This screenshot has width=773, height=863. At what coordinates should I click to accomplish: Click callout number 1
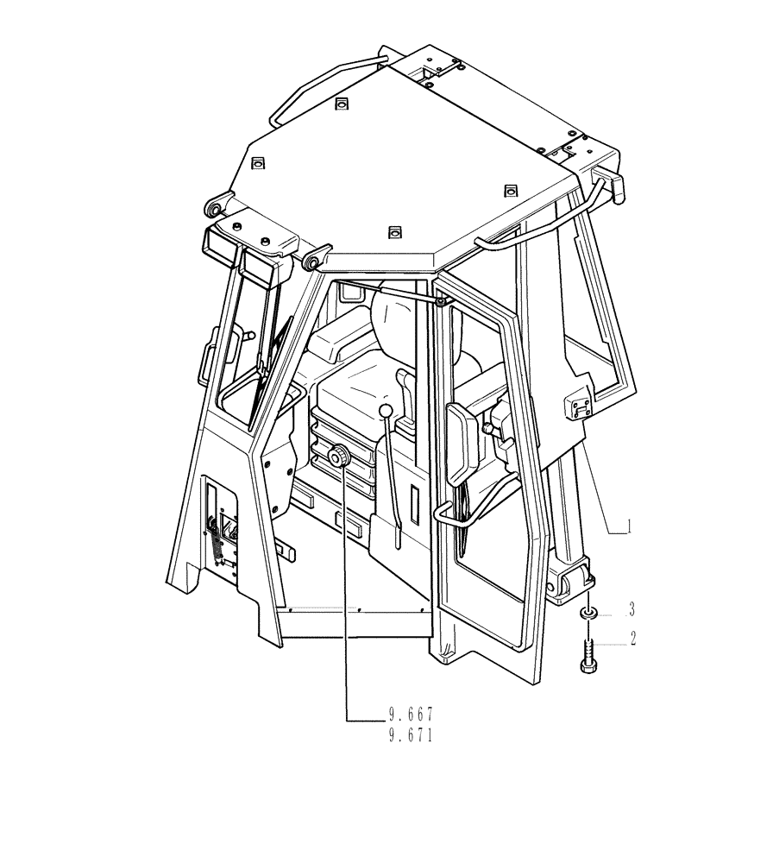pyautogui.click(x=631, y=526)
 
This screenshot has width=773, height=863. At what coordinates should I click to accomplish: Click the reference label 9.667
pyautogui.click(x=410, y=715)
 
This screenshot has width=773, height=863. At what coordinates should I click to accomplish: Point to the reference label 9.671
pyautogui.click(x=410, y=735)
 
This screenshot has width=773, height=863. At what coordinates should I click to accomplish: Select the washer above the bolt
pyautogui.click(x=588, y=613)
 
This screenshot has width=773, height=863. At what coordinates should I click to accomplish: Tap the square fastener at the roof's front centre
pyautogui.click(x=394, y=230)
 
